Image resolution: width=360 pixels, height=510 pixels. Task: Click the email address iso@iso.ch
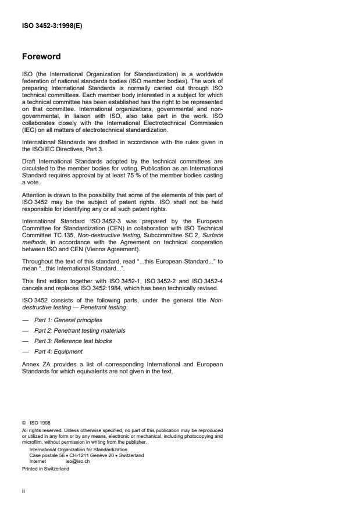point(78,460)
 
